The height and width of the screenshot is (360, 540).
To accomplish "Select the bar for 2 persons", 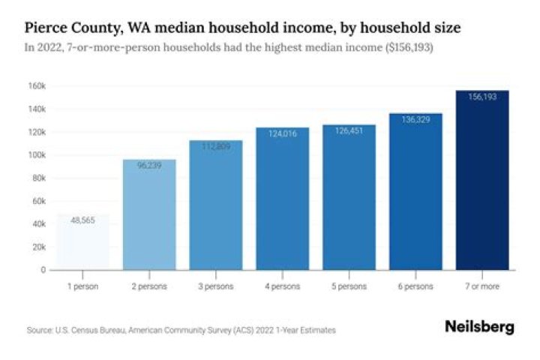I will [149, 214].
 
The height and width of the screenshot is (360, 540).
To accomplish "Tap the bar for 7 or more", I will [482, 180].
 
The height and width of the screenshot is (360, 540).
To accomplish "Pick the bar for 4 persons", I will [283, 198].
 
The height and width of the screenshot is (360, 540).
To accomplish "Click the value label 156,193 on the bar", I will [482, 97].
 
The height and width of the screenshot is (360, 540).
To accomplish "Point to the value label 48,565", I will [82, 220].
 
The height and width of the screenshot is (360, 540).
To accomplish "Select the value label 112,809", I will [216, 146].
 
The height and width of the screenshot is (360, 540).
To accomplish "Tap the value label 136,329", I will [415, 119].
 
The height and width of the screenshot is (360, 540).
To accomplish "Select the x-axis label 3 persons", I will [216, 286].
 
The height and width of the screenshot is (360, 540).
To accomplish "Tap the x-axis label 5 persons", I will [349, 286].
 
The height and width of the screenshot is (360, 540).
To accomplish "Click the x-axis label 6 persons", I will [415, 286].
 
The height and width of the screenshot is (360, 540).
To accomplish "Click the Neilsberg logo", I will [479, 328].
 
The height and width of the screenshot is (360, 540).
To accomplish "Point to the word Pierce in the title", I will [46, 28].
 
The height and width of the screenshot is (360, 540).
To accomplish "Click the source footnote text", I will [181, 330].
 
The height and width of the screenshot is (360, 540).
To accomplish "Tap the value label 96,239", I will [149, 166].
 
